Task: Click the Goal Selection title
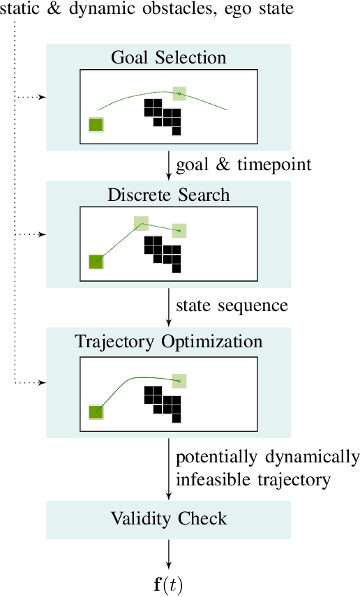point(168,57)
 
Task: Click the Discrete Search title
point(168,194)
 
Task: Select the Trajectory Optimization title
point(168,342)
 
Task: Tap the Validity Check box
point(168,518)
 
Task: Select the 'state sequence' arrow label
point(231,305)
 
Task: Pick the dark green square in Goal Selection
point(96,125)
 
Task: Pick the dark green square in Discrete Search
point(96,262)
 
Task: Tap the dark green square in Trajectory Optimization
point(96,411)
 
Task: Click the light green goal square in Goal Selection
point(180,93)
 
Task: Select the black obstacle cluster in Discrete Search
point(162,251)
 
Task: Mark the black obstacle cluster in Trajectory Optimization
point(162,401)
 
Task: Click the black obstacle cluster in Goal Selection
point(162,114)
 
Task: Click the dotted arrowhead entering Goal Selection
point(43,97)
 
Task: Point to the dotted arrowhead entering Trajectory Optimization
point(43,383)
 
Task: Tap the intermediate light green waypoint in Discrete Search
point(142,223)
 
